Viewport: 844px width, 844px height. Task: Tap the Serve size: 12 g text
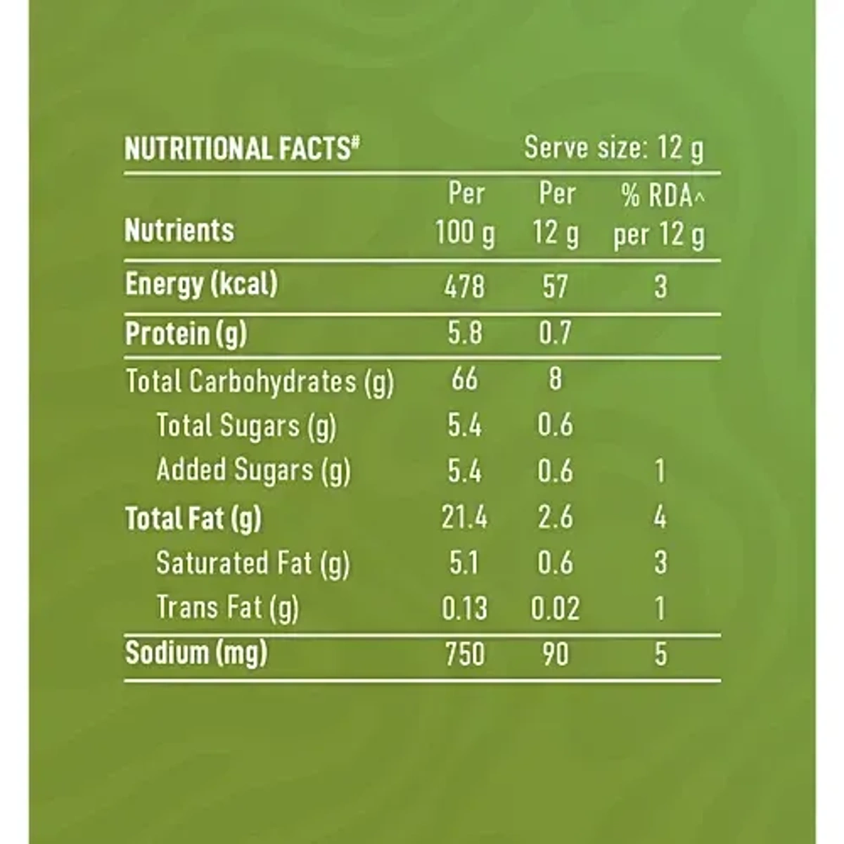[x=613, y=148]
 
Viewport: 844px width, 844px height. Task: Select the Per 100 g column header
[x=465, y=213]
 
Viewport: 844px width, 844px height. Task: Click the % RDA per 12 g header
[x=659, y=216]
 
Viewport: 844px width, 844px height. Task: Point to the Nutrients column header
[x=179, y=230]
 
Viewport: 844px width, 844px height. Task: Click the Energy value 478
[x=464, y=286]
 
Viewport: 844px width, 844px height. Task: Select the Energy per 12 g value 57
[x=555, y=286]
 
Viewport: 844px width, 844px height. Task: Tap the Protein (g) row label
[x=186, y=333]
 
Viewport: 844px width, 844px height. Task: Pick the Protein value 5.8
[x=465, y=333]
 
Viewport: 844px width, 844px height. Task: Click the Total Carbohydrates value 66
[x=464, y=379]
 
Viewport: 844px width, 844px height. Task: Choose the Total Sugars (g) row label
[x=246, y=426]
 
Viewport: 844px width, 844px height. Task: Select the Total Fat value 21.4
[x=464, y=518]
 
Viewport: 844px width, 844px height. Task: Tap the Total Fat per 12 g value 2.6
[x=555, y=518]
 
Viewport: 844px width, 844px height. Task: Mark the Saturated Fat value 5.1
[x=464, y=563]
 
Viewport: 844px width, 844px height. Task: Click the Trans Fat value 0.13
[x=464, y=608]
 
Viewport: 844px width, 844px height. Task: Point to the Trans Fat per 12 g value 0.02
[x=555, y=608]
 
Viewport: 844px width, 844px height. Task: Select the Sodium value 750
[x=464, y=654]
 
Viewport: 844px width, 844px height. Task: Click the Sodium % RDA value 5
[x=660, y=654]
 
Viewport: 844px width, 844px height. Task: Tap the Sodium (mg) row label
[x=196, y=653]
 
